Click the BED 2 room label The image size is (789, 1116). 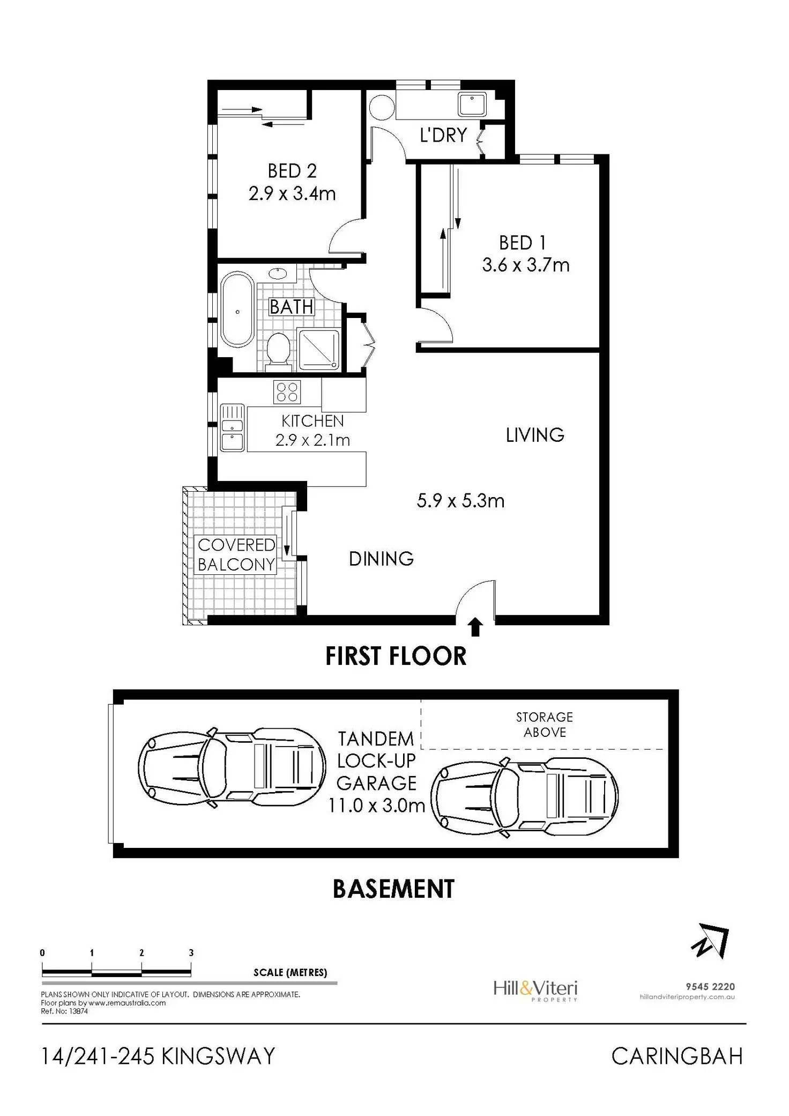[x=292, y=171]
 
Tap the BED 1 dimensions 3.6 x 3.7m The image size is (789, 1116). [x=525, y=265]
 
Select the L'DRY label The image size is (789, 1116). [x=443, y=135]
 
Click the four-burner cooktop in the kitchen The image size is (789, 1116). [x=287, y=391]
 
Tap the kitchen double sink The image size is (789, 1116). [x=232, y=427]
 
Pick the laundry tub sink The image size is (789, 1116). [x=472, y=104]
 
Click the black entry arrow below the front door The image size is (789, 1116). [x=475, y=627]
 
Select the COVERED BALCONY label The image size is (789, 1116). [x=236, y=555]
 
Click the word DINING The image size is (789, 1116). [x=381, y=559]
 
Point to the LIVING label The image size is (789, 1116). [x=535, y=435]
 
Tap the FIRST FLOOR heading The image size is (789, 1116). [x=396, y=656]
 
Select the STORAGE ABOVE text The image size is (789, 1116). [x=545, y=725]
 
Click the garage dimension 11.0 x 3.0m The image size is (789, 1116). [x=376, y=805]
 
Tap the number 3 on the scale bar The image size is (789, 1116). [x=191, y=953]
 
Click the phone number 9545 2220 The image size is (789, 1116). [x=710, y=986]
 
